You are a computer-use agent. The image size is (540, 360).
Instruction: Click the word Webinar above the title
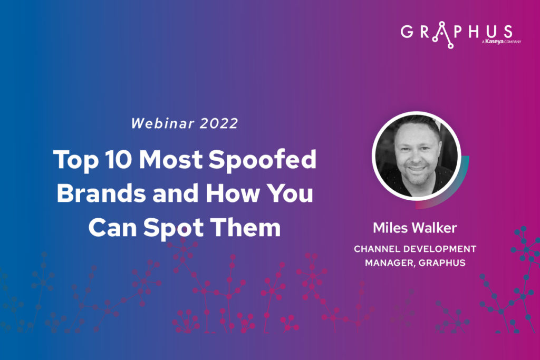pyautogui.click(x=163, y=123)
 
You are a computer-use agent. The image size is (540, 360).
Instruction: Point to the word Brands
pyautogui.click(x=101, y=193)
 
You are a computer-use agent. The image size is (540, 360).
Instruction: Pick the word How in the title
pyautogui.click(x=233, y=193)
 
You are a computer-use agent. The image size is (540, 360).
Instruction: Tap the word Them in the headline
pyautogui.click(x=246, y=227)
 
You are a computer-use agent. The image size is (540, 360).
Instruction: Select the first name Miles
pyautogui.click(x=391, y=228)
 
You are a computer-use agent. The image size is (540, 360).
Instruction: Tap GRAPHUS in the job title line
pyautogui.click(x=442, y=263)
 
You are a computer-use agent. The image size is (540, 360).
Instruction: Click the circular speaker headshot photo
pyautogui.click(x=417, y=156)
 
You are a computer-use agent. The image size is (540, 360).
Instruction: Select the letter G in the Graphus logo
pyautogui.click(x=407, y=32)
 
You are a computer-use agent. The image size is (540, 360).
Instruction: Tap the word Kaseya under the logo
pyautogui.click(x=494, y=42)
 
